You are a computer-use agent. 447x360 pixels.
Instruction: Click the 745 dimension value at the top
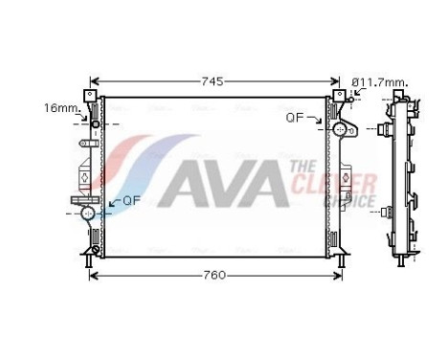coord(214,81)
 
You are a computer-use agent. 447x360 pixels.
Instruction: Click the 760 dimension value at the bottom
coord(214,276)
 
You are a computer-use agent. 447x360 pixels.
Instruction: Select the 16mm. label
coord(60,107)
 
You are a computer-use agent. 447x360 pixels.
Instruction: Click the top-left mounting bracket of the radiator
coord(90,98)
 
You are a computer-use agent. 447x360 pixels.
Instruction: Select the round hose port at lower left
coord(89,213)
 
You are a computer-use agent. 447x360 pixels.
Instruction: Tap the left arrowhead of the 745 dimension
coord(93,81)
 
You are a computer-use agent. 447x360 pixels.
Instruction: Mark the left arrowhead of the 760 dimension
coord(92,276)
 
